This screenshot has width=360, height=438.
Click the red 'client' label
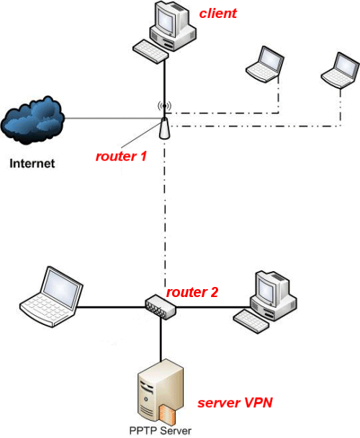[218, 14]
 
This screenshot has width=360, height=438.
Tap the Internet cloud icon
[32, 120]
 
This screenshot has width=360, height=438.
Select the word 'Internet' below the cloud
[32, 163]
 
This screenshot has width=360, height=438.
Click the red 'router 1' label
[121, 156]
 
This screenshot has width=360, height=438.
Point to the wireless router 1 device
[164, 128]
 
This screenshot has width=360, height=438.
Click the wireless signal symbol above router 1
[164, 106]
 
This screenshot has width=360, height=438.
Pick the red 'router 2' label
[192, 292]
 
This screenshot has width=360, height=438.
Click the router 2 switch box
[161, 306]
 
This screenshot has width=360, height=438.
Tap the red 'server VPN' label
[235, 403]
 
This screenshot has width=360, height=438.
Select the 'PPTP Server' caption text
[161, 431]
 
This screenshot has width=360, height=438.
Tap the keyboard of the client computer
[150, 52]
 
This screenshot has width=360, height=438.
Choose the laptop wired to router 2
[51, 296]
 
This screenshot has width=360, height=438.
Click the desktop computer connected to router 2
[265, 302]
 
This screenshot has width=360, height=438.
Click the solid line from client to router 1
[164, 88]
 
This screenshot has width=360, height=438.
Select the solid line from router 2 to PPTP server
[161, 339]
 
